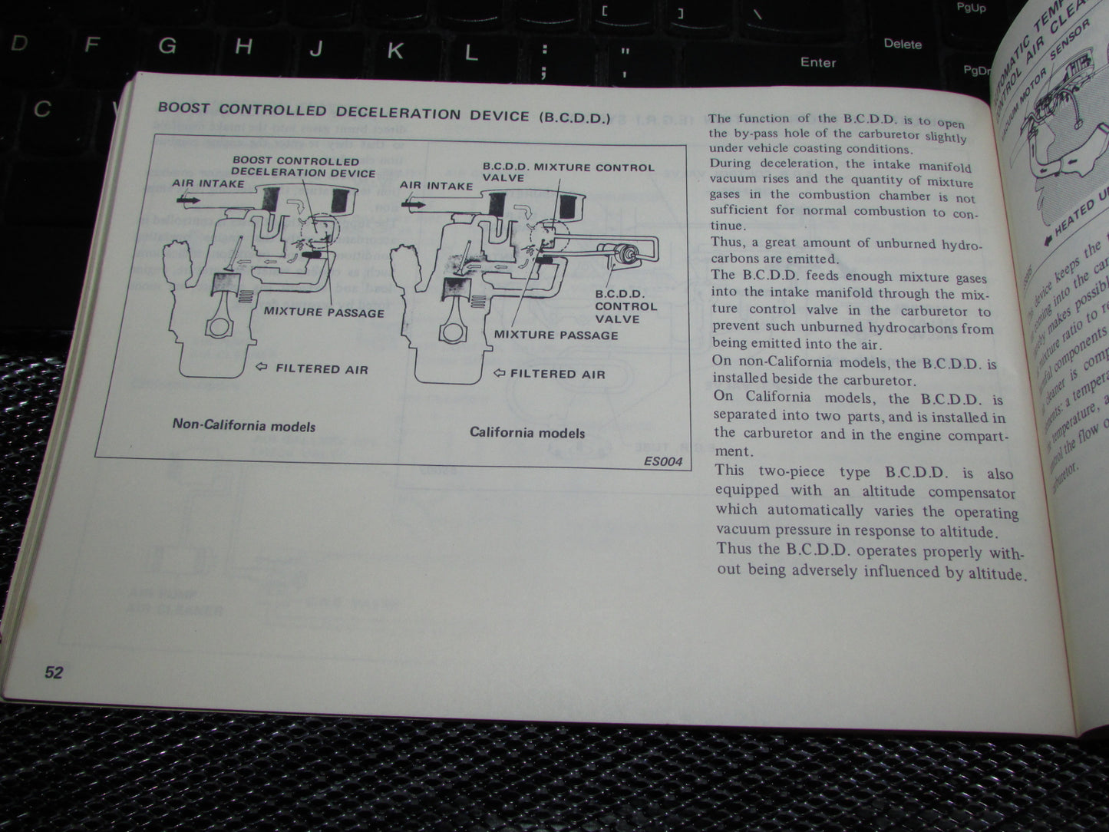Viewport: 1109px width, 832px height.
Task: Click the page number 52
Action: coord(53,672)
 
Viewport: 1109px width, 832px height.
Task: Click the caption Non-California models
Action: coord(243,425)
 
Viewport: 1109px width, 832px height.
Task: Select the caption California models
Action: coord(526,432)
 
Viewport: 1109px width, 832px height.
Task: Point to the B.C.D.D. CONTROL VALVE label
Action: coord(625,306)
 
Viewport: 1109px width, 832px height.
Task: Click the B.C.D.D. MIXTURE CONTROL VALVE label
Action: coord(567,172)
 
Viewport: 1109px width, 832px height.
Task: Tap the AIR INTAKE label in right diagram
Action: coord(436,185)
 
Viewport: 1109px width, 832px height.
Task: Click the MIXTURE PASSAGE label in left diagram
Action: coord(323,312)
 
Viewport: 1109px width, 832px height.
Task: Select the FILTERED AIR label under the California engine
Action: coord(557,375)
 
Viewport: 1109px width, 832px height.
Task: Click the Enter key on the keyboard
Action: coord(817,62)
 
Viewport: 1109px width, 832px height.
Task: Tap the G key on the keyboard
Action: coord(167,46)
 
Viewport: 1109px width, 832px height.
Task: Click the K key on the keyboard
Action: coord(394,51)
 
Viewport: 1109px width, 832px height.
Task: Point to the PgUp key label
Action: coord(970,8)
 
